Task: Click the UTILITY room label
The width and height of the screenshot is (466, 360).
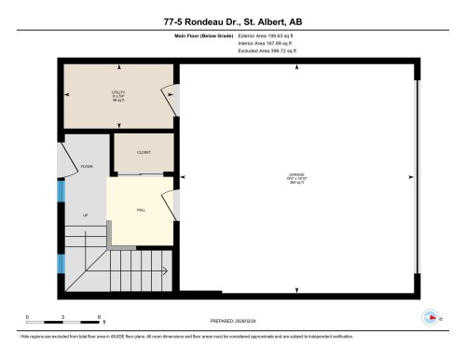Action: (116, 94)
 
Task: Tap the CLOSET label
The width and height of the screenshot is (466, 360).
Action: (143, 151)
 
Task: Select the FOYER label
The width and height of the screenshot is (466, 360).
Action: (87, 167)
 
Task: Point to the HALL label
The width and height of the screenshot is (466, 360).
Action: (140, 210)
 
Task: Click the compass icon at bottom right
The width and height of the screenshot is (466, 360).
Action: (430, 317)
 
